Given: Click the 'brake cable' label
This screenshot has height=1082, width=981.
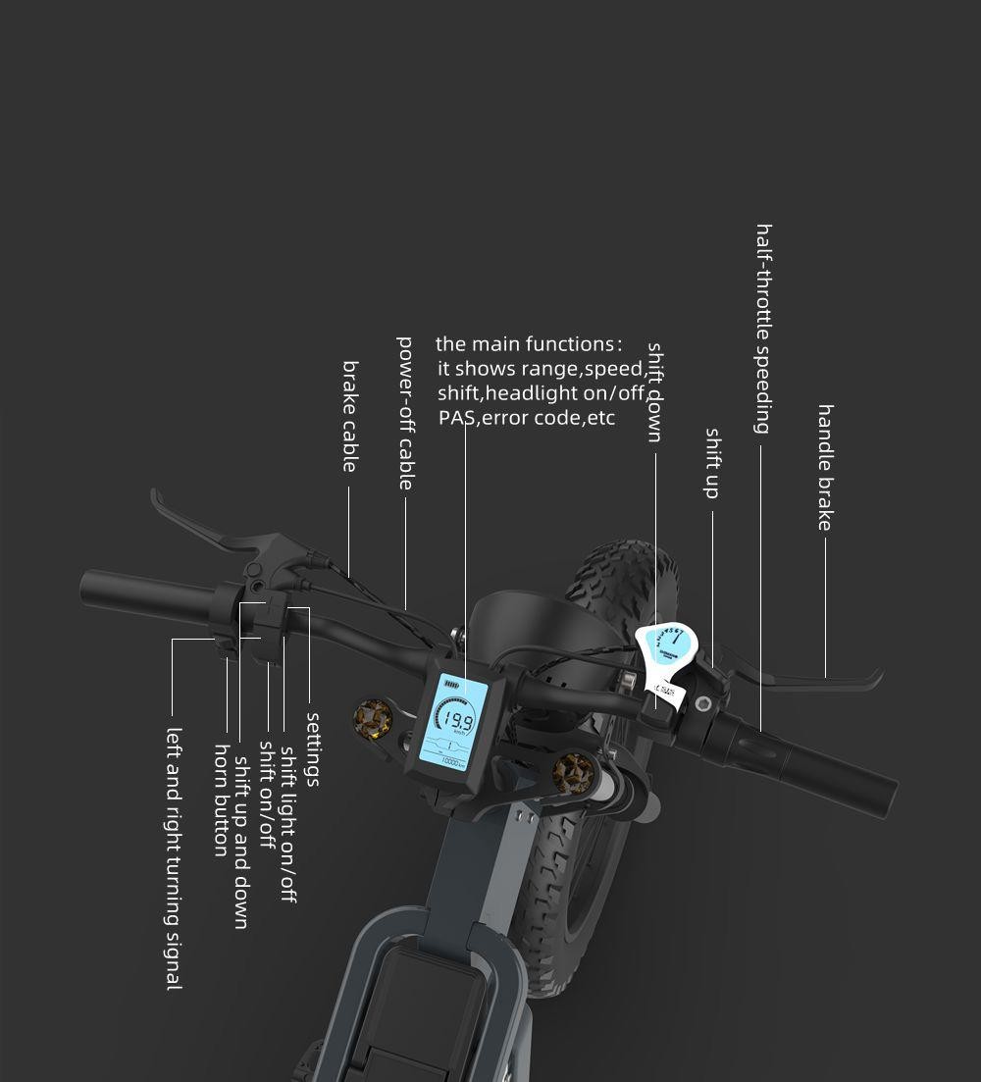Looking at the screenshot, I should click(350, 417).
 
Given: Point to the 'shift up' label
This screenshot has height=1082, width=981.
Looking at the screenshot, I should click(713, 462).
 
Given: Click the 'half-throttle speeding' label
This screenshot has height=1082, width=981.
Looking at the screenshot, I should click(763, 329).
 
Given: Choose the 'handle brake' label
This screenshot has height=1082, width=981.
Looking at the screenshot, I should click(825, 467).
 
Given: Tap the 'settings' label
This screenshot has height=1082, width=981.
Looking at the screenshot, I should click(313, 748).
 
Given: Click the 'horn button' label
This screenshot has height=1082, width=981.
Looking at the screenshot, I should click(222, 799).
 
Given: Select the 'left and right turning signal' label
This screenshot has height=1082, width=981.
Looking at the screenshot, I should click(174, 858).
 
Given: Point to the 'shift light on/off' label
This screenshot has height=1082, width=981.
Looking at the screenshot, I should click(288, 824).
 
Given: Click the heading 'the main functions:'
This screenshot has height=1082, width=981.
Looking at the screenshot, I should click(529, 344).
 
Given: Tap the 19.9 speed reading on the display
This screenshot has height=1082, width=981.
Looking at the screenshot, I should click(458, 723).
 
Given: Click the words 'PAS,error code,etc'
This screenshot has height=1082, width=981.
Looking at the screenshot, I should click(527, 419).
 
